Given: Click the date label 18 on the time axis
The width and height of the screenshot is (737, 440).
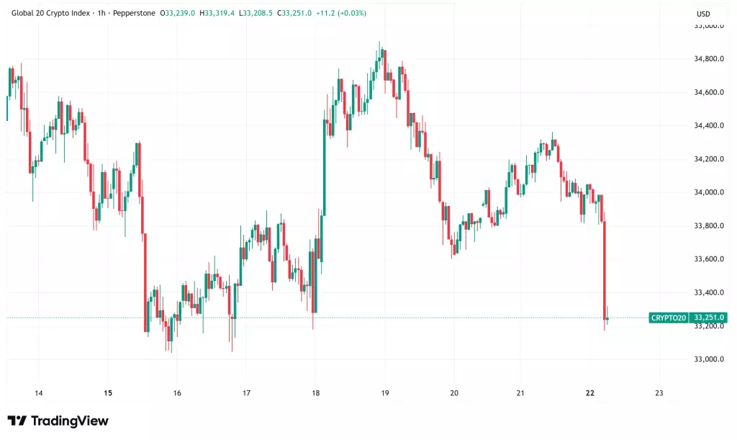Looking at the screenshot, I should pyautogui.click(x=315, y=393).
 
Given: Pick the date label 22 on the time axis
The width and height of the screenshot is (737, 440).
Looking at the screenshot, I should pyautogui.click(x=590, y=393).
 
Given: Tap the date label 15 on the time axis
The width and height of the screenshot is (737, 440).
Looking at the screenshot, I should pyautogui.click(x=108, y=393).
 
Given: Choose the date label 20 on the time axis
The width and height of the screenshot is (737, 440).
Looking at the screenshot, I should pyautogui.click(x=453, y=393).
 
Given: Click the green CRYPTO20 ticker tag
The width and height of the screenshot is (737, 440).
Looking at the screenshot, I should pyautogui.click(x=668, y=318).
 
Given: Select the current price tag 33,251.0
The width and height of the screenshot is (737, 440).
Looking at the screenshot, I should pyautogui.click(x=709, y=318).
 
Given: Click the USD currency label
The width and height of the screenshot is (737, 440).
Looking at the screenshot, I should pyautogui.click(x=703, y=14).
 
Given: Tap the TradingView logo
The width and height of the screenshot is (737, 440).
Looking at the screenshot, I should pyautogui.click(x=58, y=421).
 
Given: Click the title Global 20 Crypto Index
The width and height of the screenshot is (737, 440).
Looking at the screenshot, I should pyautogui.click(x=53, y=13).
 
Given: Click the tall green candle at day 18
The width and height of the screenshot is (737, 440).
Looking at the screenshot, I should pyautogui.click(x=324, y=166).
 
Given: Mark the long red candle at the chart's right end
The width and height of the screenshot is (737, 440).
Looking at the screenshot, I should pyautogui.click(x=605, y=270).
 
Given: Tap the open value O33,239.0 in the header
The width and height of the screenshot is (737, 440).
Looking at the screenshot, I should pyautogui.click(x=177, y=13).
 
